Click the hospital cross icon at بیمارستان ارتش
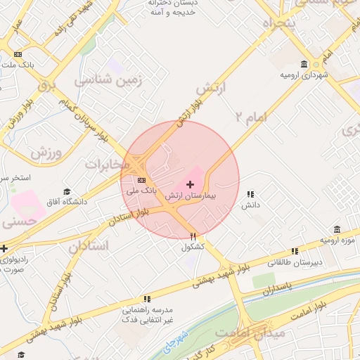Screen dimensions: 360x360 click(x=190, y=184)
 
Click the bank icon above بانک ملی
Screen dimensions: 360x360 click(x=142, y=180)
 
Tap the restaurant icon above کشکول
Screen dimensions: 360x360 click(x=193, y=236)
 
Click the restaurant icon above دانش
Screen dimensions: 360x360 click(x=250, y=194)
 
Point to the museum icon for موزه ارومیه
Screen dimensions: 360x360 click(x=337, y=229)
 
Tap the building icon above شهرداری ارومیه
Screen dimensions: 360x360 click(x=304, y=64)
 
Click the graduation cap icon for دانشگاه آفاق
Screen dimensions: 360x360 click(x=67, y=191)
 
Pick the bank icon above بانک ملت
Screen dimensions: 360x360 click(x=18, y=54)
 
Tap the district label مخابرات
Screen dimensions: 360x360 click(x=108, y=165)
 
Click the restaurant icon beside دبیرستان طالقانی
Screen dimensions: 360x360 click(x=295, y=250)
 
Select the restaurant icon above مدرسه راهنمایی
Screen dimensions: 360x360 click(x=147, y=299)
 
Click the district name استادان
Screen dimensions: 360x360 click(x=89, y=247)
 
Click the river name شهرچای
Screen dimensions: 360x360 click(x=173, y=340)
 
